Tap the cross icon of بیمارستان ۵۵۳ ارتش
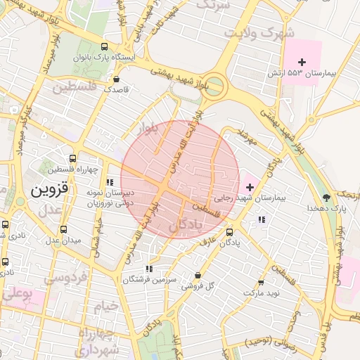302,63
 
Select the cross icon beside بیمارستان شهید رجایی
250,187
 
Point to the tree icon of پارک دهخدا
325,198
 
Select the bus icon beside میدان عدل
64,229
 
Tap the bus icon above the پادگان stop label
230,231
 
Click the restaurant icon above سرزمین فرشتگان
148,269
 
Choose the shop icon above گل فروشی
198,275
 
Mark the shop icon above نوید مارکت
262,281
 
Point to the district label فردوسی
65,277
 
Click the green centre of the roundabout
215,87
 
